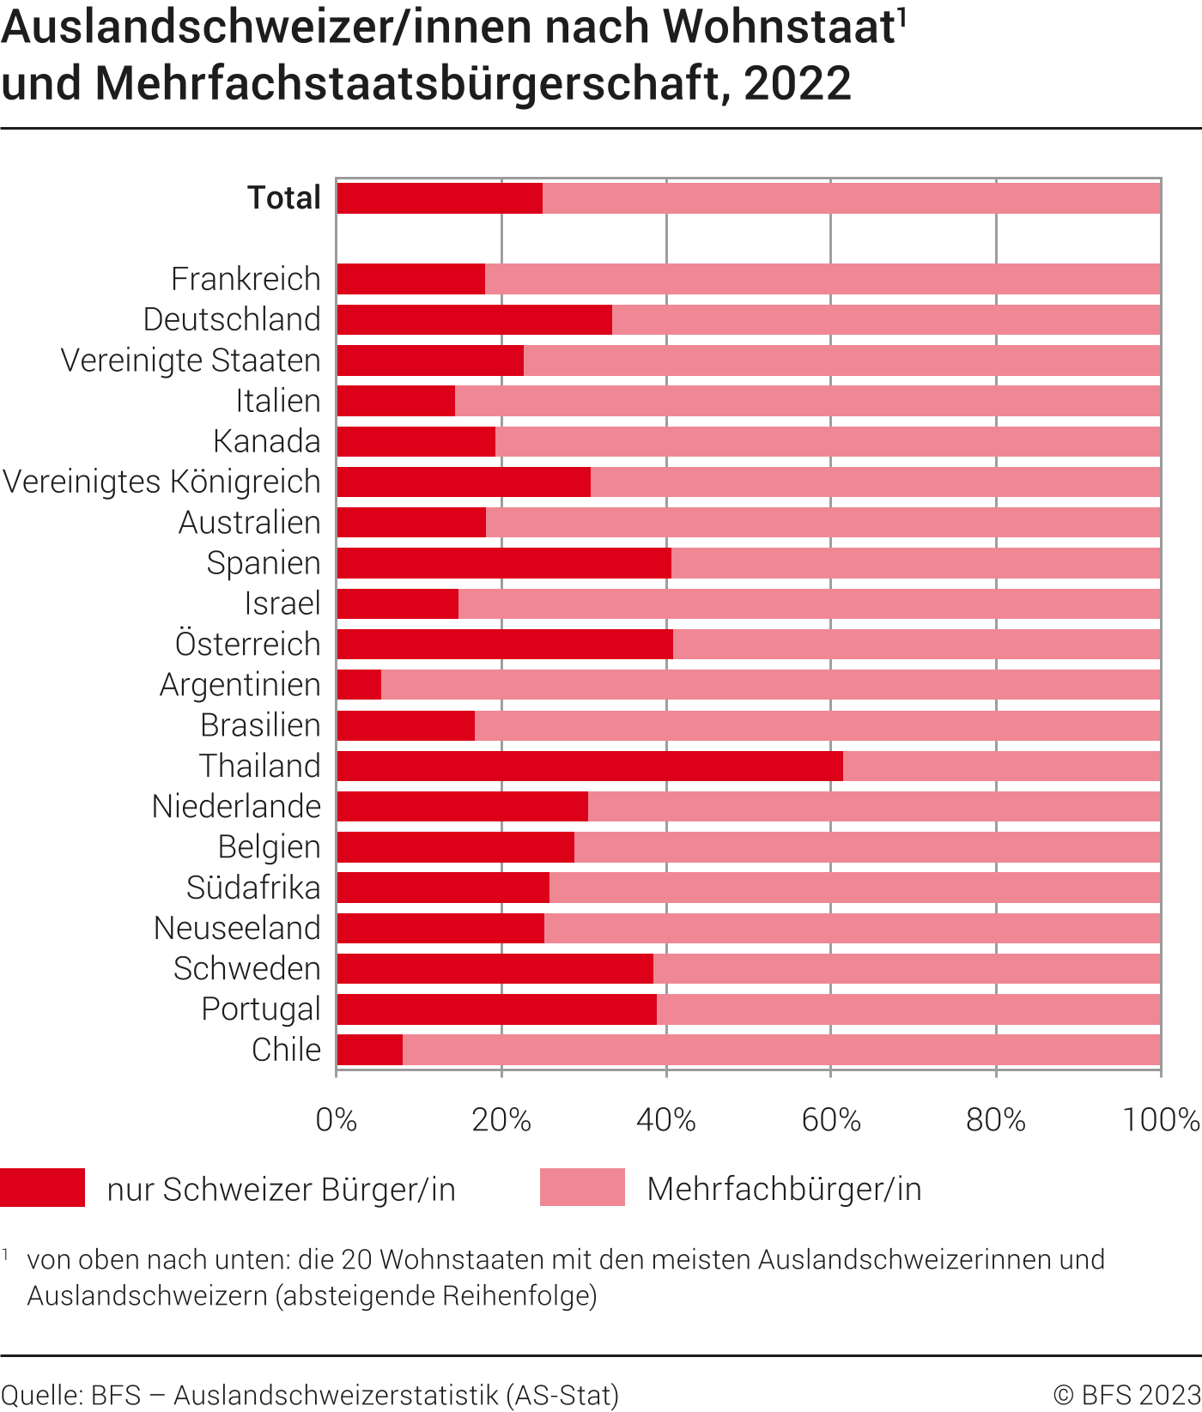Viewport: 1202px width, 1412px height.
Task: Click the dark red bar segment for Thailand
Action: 590,766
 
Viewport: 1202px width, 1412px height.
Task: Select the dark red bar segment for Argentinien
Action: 359,685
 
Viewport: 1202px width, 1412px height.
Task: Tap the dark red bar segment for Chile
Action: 369,1050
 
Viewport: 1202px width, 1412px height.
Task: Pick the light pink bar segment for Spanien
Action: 915,563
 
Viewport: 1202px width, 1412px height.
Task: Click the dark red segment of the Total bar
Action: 440,198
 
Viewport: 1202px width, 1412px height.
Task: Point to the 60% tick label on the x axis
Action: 830,1120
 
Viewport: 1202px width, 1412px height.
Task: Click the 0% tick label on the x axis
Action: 337,1120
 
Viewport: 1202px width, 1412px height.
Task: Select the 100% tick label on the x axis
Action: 1161,1120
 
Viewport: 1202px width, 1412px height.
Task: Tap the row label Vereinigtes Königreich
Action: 162,482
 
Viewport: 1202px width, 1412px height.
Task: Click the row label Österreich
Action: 248,644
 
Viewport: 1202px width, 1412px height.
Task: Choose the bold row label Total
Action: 284,198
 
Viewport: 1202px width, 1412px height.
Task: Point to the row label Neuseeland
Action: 237,928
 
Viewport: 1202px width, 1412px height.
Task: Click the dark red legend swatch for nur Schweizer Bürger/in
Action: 43,1188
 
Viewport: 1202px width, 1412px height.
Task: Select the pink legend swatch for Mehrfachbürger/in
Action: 582,1188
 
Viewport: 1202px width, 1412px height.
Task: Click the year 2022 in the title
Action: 798,83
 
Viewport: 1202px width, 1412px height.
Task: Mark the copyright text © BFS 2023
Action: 1126,1395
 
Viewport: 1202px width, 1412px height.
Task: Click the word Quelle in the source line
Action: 39,1395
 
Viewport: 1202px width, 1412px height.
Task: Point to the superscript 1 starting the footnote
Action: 6,1255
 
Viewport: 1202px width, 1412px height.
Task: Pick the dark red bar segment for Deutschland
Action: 474,320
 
